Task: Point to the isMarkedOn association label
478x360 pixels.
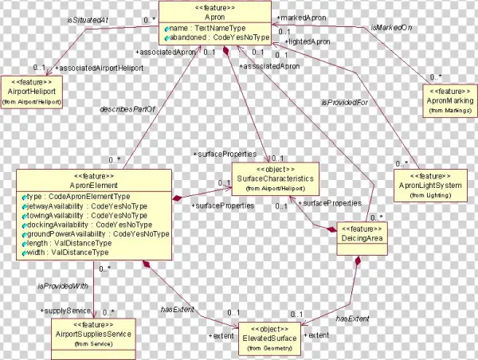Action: click(x=390, y=29)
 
